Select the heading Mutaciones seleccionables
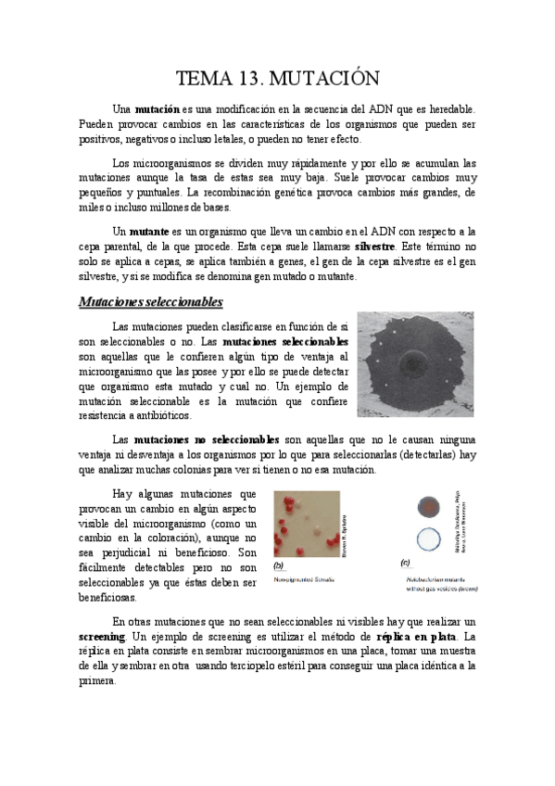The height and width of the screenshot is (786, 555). pos(150,301)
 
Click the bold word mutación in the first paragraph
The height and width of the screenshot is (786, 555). pos(158,109)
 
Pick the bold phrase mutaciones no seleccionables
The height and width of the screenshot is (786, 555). pos(207,437)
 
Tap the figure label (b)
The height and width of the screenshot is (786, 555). pos(278,564)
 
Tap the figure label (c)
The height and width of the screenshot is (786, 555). pos(405,563)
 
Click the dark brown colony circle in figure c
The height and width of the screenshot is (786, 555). pos(428,506)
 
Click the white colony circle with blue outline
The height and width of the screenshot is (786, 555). pos(428,539)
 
